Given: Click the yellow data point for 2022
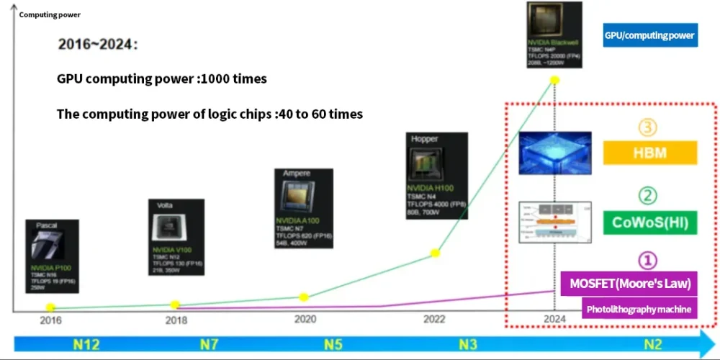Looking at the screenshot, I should [x=435, y=253].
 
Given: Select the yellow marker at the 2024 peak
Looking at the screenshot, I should [x=554, y=79].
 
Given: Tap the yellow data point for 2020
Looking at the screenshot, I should [x=304, y=297].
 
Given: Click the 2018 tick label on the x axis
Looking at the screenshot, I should [x=176, y=320].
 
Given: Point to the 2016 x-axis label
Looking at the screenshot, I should [x=50, y=320].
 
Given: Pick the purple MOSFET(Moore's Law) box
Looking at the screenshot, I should [x=630, y=283].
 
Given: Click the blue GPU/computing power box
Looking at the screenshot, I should [x=650, y=35].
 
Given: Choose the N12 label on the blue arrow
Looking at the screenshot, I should [x=86, y=343].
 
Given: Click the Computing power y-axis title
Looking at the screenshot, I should [x=48, y=14].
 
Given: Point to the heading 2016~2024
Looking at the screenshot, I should [x=97, y=45].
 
